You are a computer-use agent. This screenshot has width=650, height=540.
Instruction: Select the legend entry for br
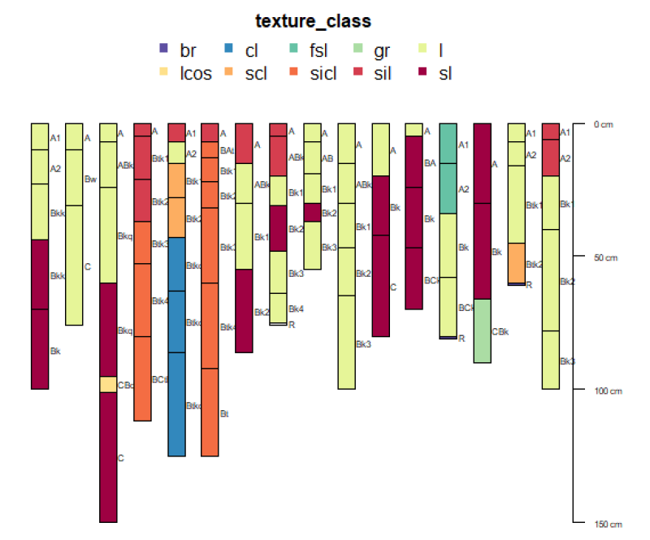(x=178, y=51)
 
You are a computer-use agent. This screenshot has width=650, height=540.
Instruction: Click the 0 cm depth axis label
(x=601, y=124)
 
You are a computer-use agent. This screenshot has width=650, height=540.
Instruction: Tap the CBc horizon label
(x=126, y=385)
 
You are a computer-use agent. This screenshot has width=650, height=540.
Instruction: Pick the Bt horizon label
(x=224, y=413)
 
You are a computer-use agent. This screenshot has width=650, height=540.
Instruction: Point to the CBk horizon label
(x=500, y=331)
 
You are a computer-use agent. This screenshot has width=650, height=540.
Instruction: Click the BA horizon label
(x=430, y=162)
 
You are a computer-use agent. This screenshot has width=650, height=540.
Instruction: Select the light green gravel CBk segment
(x=482, y=330)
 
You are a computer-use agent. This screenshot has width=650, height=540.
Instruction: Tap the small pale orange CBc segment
(x=108, y=384)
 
